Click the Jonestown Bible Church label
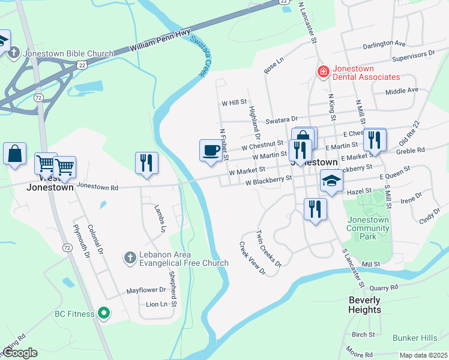click(x=68, y=53)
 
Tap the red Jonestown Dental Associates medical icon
click(x=323, y=72)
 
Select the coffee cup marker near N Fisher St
click(x=211, y=150)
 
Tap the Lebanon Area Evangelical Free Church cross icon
click(x=129, y=257)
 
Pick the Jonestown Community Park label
click(x=368, y=228)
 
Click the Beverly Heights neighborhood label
click(x=364, y=305)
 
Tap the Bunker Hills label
click(x=415, y=338)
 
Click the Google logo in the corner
click(x=20, y=353)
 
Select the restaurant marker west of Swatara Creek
click(x=146, y=163)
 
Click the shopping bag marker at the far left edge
click(x=14, y=154)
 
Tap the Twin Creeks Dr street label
click(x=268, y=248)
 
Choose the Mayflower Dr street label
click(x=145, y=290)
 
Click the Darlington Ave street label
click(x=384, y=44)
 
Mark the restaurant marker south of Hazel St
click(x=315, y=209)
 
